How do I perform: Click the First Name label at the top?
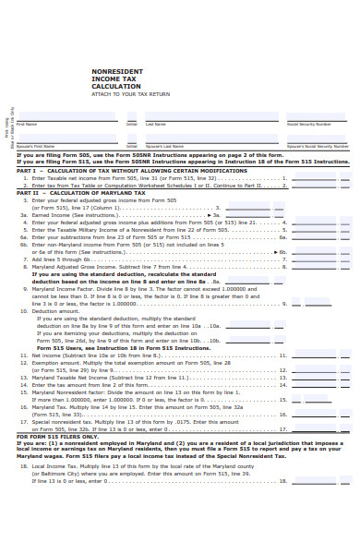click(x=27, y=124)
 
